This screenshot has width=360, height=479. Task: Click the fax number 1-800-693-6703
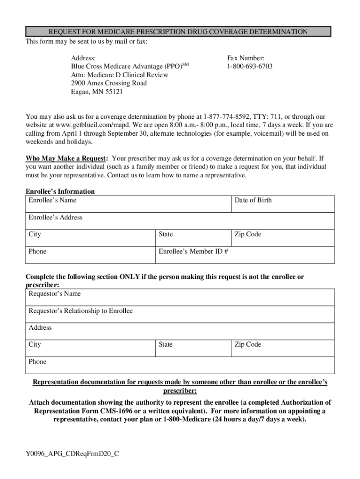(250, 66)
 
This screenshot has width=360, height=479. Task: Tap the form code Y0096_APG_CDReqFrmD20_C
(72, 453)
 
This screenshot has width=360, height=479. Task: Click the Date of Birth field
(282, 204)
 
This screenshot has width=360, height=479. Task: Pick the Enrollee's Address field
(180, 221)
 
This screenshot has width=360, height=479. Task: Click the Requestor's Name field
(180, 297)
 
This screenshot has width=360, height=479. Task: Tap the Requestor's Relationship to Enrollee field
(180, 314)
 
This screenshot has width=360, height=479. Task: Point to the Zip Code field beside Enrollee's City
(282, 238)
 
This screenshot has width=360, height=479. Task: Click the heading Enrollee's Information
(60, 191)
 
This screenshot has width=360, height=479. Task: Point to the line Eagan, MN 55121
(97, 92)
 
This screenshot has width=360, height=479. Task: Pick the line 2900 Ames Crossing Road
(109, 83)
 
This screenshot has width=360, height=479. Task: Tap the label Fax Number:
(245, 58)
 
